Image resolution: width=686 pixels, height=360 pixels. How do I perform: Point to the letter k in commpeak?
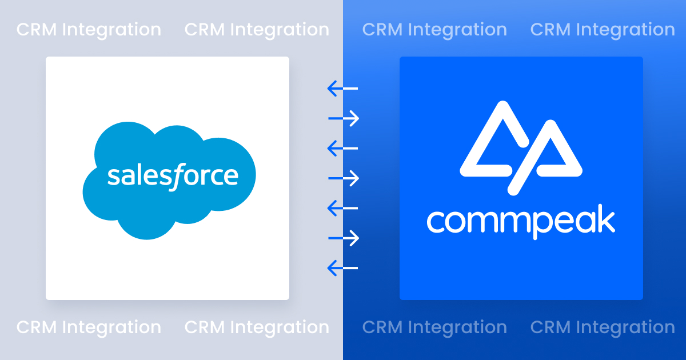(605, 221)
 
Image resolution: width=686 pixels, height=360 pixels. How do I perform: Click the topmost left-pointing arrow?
(342, 89)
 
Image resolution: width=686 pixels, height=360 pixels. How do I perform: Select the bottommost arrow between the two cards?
(342, 267)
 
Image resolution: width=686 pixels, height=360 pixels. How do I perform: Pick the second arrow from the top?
(344, 118)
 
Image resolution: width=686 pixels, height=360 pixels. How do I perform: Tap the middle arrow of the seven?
(344, 178)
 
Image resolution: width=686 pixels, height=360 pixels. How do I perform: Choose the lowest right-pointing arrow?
(344, 238)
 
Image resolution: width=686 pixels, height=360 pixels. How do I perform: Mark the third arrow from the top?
(342, 149)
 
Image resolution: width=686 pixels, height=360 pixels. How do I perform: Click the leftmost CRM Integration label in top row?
(89, 30)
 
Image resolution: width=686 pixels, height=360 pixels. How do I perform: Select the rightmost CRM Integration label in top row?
(603, 30)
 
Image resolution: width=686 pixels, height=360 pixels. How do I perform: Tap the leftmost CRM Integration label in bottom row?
(89, 327)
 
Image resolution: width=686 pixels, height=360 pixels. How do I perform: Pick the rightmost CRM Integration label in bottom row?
(603, 327)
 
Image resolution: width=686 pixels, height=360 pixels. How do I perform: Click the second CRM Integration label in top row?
(257, 30)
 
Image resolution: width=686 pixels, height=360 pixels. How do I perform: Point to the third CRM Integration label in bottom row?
(434, 327)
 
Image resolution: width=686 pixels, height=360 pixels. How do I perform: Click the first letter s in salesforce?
(113, 177)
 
